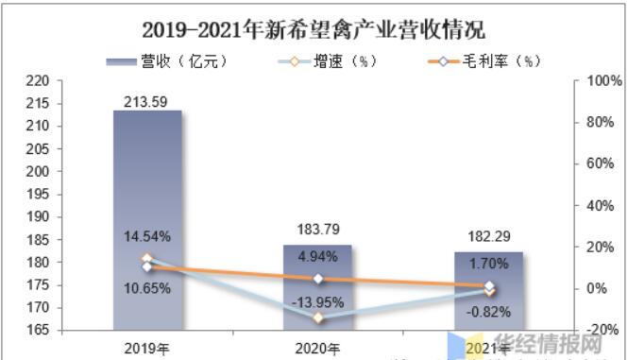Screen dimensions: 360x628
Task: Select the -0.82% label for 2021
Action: [488, 311]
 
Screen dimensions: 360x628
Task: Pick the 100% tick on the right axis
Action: [601, 82]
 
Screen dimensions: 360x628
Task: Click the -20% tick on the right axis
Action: [601, 330]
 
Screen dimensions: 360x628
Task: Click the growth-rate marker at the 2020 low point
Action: [318, 317]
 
